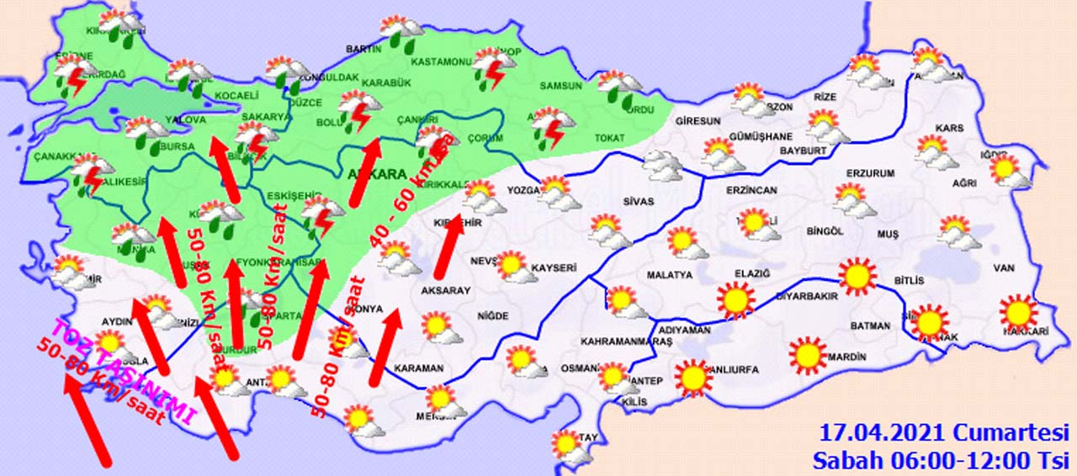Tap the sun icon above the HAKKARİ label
(1019, 313)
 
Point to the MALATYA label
(669, 275)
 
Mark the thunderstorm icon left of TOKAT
(552, 128)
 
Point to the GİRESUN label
(698, 120)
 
